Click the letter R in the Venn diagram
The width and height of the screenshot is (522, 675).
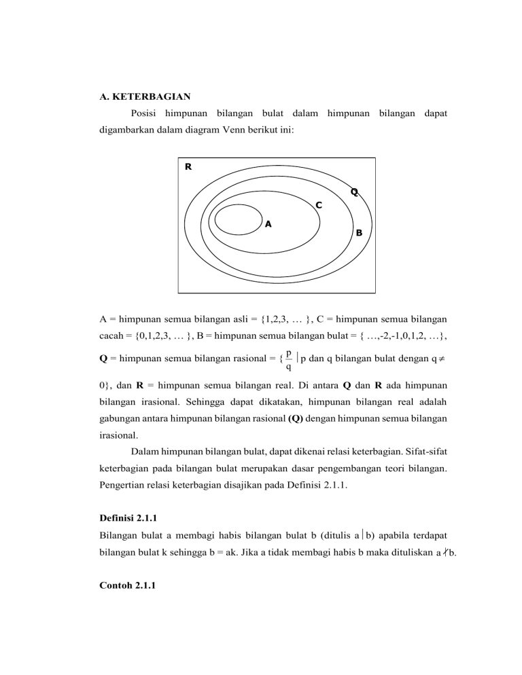188,166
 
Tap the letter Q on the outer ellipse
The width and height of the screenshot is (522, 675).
354,191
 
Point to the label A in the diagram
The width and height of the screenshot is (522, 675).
268,223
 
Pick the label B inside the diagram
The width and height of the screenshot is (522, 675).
359,233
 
